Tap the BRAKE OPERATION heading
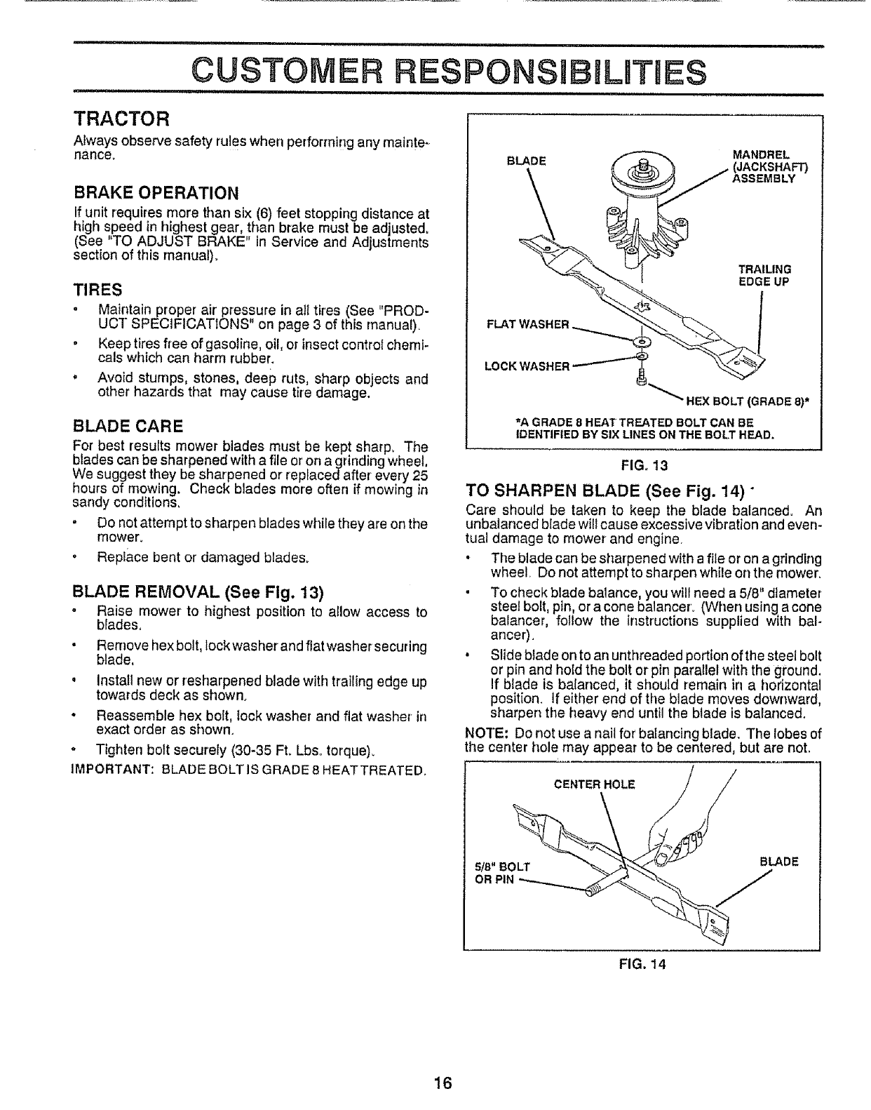[156, 192]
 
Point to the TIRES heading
[97, 289]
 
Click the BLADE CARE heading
[128, 425]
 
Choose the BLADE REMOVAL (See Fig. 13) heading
[198, 591]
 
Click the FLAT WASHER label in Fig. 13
[527, 324]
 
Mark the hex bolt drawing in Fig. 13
[640, 380]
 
